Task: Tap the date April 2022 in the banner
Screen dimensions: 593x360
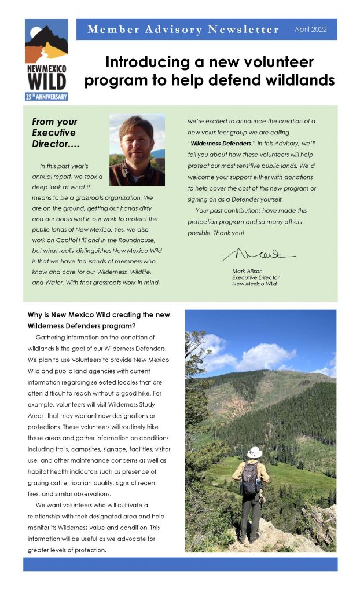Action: coord(310,30)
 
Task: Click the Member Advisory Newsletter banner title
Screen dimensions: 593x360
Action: coord(183,30)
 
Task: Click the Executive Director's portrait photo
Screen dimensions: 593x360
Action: coord(137,149)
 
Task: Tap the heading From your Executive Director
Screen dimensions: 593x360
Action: coord(54,132)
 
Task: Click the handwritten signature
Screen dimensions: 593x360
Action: coord(257,255)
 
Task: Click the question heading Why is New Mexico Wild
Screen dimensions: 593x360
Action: coord(98,315)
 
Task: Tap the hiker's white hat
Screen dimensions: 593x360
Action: coord(254,452)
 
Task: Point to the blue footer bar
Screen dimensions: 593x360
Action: coord(180,564)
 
